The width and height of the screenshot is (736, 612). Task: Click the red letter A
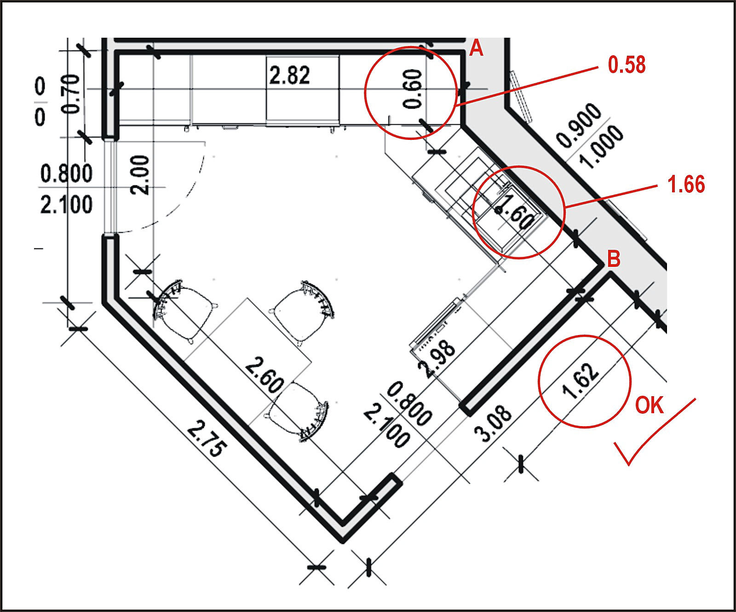[477, 48]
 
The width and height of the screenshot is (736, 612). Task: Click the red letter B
[614, 259]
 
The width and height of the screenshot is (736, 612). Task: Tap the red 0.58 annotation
[627, 65]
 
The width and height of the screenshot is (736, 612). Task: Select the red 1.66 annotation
[686, 185]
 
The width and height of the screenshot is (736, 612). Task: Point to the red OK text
[650, 405]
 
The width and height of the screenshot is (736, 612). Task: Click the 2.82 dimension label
[290, 75]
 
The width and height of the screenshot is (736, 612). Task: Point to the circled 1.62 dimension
[581, 381]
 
